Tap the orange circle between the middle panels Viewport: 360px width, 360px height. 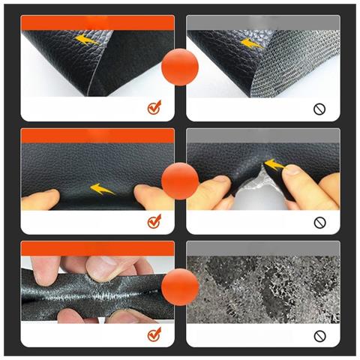180,181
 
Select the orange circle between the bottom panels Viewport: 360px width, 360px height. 180,286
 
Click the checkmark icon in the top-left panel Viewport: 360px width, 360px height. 154,109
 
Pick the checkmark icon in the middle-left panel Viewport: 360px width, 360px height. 154,221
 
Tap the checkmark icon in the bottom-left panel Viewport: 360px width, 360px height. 154,334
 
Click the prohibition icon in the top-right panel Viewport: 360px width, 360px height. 319,109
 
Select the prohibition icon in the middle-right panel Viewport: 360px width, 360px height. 319,222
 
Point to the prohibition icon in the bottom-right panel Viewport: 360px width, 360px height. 319,334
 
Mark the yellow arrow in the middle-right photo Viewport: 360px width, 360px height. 274,164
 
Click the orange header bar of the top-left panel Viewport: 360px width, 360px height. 97,22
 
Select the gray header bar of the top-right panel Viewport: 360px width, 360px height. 262,22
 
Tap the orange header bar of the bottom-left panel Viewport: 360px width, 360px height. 97,248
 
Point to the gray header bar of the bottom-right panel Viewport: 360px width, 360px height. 262,248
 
